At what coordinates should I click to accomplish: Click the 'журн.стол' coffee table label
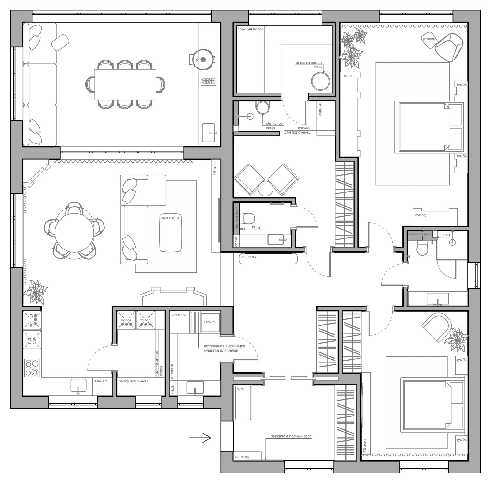(x=170, y=218)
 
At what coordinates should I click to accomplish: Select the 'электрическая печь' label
(x=309, y=65)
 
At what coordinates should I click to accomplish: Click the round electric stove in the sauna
(x=320, y=81)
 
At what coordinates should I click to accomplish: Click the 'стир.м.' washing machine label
(x=210, y=321)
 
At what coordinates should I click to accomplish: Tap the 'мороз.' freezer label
(x=126, y=320)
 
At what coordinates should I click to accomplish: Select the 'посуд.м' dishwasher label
(x=101, y=381)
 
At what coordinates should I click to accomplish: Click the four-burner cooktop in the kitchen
(x=32, y=368)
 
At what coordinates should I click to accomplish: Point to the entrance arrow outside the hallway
(x=200, y=438)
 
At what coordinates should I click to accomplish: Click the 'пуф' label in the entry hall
(x=240, y=389)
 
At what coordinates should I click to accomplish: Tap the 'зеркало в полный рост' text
(x=291, y=436)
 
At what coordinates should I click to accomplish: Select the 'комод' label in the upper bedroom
(x=420, y=215)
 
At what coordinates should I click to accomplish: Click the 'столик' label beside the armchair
(x=429, y=39)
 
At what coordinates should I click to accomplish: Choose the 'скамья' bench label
(x=320, y=109)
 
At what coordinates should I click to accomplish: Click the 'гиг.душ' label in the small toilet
(x=257, y=227)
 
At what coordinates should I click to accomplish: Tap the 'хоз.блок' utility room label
(x=179, y=315)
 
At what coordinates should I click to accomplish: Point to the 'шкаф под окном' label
(x=133, y=381)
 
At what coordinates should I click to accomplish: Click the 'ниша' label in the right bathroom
(x=445, y=235)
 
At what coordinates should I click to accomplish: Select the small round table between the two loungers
(x=266, y=188)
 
